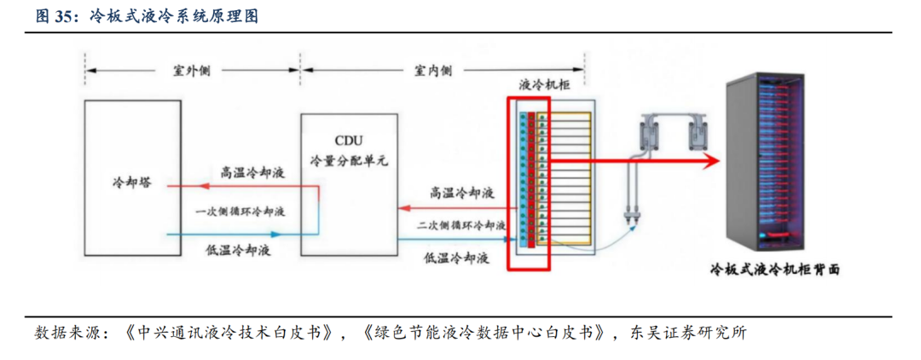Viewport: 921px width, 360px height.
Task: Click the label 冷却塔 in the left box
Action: [131, 183]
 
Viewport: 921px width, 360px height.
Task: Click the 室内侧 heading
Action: [432, 71]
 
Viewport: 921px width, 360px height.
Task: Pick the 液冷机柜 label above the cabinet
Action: [545, 85]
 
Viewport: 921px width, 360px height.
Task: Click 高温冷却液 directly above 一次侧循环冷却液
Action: [252, 172]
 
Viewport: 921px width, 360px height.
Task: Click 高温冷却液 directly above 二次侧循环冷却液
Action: [461, 193]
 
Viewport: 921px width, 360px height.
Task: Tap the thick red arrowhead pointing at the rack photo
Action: [705, 160]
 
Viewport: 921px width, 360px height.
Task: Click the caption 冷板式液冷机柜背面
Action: [775, 270]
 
